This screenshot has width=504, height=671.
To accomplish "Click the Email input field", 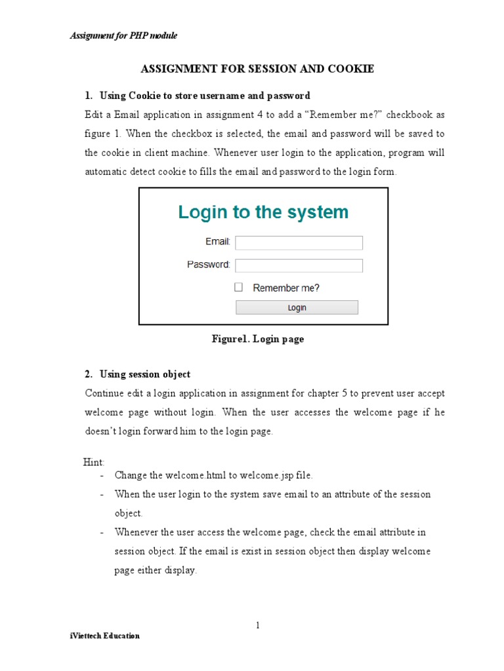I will (x=299, y=243).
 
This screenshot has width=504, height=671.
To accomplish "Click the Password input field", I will (x=299, y=265).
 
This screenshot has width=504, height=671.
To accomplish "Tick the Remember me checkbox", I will (x=239, y=287).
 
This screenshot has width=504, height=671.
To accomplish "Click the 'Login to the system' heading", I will (x=263, y=212).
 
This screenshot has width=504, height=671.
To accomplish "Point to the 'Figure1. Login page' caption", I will (x=257, y=339).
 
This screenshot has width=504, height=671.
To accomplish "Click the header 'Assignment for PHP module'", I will (x=123, y=35).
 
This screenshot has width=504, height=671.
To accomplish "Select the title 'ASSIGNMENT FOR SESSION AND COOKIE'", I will (x=257, y=69).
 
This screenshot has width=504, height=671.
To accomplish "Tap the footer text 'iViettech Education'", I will (x=105, y=636).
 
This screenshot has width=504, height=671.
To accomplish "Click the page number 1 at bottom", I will (x=258, y=625).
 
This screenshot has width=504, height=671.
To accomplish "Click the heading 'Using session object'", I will (x=145, y=374).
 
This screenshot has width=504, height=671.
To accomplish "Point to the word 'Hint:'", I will (x=94, y=463).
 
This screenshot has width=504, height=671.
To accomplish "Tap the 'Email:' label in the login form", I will (x=217, y=242).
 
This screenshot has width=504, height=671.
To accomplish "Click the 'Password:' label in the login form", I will (x=208, y=265).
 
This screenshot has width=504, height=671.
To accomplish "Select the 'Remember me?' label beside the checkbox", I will (x=286, y=288).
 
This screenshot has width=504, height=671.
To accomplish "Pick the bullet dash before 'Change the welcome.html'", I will (x=102, y=475).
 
